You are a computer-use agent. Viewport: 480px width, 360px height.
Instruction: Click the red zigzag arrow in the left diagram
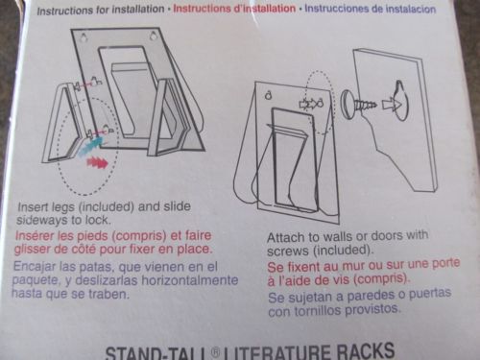pos(98,163)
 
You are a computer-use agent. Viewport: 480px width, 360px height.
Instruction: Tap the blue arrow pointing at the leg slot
pos(91,146)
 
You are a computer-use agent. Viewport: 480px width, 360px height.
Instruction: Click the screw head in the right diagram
pos(348,102)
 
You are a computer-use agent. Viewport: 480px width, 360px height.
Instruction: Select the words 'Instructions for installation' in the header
pos(101,10)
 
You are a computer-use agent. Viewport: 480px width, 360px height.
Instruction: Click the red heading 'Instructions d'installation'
pos(234,9)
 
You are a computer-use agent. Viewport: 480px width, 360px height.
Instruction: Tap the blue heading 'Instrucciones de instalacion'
pos(370,9)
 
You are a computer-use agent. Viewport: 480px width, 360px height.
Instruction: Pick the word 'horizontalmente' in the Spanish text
pos(190,280)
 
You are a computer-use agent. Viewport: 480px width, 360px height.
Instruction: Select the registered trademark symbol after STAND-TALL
pos(216,352)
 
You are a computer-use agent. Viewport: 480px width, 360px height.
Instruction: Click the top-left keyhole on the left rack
pos(84,37)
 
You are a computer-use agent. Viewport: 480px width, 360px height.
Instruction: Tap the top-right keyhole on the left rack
pos(154,36)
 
